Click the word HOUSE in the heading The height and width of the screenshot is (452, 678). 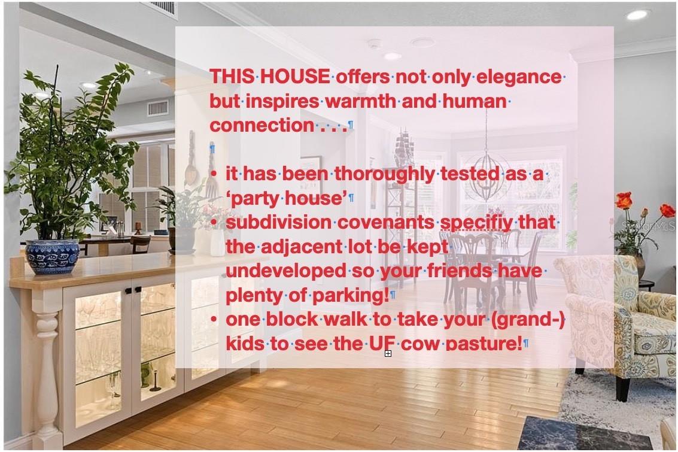(295, 77)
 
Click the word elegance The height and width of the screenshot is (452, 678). (519, 77)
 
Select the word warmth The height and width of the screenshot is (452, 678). (360, 101)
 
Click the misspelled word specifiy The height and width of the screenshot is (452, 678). (476, 223)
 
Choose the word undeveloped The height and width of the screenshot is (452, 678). (286, 271)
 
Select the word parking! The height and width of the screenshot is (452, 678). (350, 295)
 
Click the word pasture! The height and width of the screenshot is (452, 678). (484, 344)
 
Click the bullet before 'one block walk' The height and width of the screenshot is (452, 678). (214, 319)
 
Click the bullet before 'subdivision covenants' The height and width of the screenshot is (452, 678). (214, 222)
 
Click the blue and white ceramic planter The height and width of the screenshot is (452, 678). (52, 256)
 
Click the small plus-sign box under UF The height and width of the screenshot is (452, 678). (388, 353)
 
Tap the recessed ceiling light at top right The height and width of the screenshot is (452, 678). (637, 15)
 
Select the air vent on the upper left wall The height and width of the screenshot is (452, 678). (158, 108)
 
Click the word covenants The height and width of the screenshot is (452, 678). (385, 222)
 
